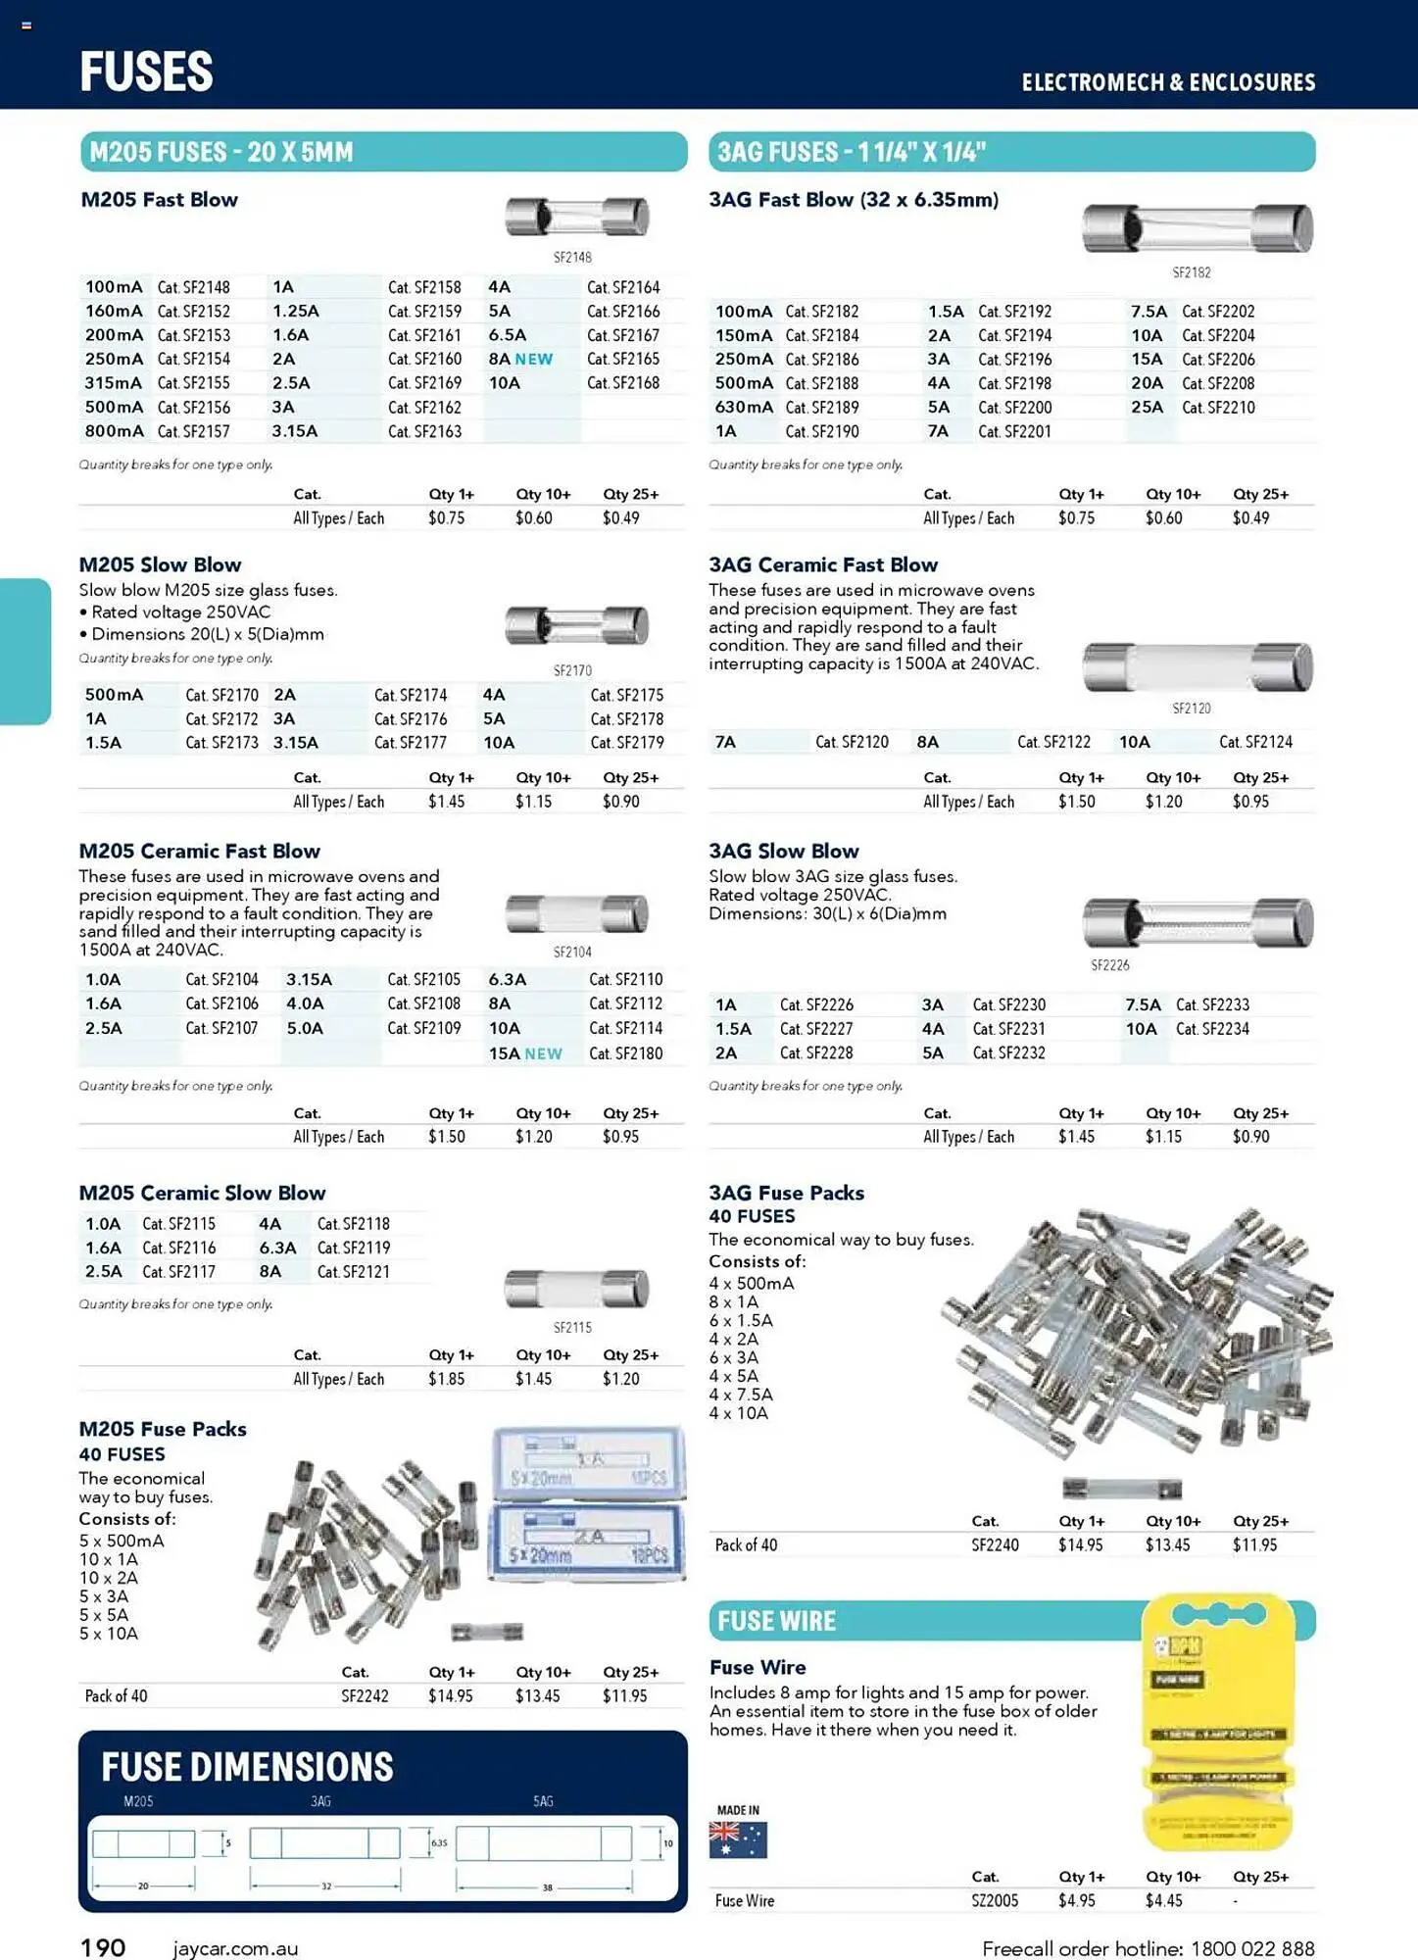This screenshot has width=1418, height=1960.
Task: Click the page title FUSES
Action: [x=146, y=72]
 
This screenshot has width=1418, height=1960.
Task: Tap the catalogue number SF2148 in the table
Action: [x=194, y=287]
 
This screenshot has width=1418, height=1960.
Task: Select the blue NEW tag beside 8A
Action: [x=534, y=360]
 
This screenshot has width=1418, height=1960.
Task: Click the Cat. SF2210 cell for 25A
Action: [x=1218, y=408]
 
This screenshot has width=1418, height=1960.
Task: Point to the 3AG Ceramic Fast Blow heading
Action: [x=823, y=564]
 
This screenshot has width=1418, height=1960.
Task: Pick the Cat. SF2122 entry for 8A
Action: [x=1053, y=742]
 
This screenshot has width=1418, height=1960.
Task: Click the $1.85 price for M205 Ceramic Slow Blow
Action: [x=447, y=1379]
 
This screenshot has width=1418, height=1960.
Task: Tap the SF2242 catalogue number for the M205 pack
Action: [x=365, y=1695]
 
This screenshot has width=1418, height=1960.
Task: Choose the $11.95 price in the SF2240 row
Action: [x=1254, y=1544]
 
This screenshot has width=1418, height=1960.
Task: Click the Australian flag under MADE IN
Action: [x=738, y=1839]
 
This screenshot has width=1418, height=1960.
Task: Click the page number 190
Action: [x=103, y=1947]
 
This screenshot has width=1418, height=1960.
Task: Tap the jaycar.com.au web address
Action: [x=235, y=1948]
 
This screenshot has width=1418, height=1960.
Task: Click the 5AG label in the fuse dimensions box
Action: [x=543, y=1801]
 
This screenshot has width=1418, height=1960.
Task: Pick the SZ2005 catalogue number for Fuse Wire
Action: [x=995, y=1900]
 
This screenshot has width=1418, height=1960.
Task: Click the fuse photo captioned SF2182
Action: [x=1197, y=229]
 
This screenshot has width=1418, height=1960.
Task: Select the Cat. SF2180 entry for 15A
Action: [x=625, y=1053]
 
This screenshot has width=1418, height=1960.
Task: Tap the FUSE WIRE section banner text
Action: [x=776, y=1621]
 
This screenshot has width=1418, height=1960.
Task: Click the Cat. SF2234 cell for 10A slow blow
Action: [x=1212, y=1029]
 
